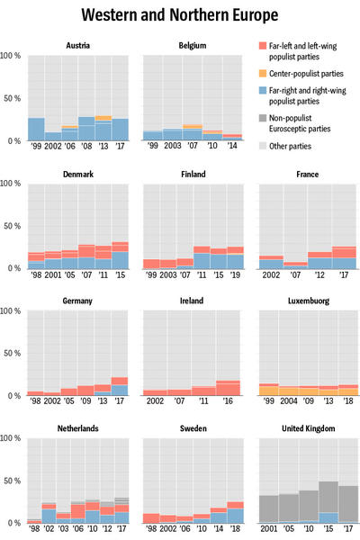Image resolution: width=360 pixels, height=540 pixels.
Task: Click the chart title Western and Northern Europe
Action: pyautogui.click(x=179, y=14)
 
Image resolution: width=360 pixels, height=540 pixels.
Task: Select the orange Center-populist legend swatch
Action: pyautogui.click(x=263, y=74)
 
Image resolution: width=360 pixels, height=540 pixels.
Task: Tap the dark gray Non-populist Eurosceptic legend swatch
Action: pyautogui.click(x=263, y=118)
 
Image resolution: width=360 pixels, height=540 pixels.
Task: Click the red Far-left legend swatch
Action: pyautogui.click(x=263, y=46)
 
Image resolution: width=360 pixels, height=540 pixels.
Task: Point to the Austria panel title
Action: pyautogui.click(x=78, y=46)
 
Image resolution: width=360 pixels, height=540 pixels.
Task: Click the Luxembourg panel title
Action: pyautogui.click(x=309, y=301)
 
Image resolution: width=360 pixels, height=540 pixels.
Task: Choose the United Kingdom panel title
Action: pyautogui.click(x=309, y=428)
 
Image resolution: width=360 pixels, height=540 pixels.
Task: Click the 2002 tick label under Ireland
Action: pyautogui.click(x=155, y=400)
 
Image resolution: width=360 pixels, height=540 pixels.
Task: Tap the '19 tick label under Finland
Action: pyautogui.click(x=235, y=274)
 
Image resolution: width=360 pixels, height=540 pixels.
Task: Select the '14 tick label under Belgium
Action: pyautogui.click(x=232, y=145)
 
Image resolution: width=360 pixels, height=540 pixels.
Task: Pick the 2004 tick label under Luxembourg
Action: pyautogui.click(x=289, y=400)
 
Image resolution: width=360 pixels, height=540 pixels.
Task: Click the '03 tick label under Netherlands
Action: pyautogui.click(x=63, y=528)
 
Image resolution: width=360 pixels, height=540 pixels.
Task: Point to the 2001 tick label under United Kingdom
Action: pyautogui.click(x=269, y=528)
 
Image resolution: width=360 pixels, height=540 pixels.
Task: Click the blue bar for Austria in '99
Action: pyautogui.click(x=36, y=129)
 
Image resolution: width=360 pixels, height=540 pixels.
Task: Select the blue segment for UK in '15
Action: pyautogui.click(x=328, y=517)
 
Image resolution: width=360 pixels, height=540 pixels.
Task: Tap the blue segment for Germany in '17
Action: pyautogui.click(x=119, y=391)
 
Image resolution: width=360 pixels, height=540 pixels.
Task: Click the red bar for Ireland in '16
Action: pyautogui.click(x=228, y=388)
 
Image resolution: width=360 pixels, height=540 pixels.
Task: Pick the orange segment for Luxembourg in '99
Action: pyautogui.click(x=269, y=391)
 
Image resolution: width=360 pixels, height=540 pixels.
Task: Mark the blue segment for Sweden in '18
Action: pyautogui.click(x=235, y=516)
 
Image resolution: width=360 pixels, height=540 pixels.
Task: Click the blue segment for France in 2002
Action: pyautogui.click(x=271, y=264)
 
